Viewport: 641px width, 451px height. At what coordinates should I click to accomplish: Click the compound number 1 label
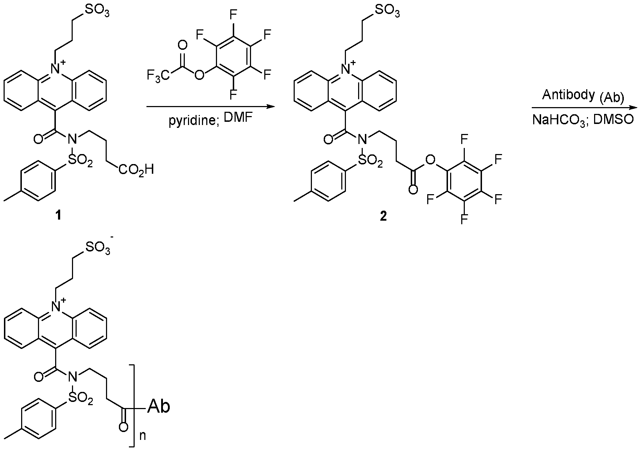pos(58,216)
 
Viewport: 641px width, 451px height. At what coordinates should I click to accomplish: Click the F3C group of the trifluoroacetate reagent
pos(159,76)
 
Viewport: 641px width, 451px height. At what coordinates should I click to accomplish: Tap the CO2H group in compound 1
pos(136,170)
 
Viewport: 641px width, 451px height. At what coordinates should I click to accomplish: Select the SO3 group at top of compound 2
pos(385,12)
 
